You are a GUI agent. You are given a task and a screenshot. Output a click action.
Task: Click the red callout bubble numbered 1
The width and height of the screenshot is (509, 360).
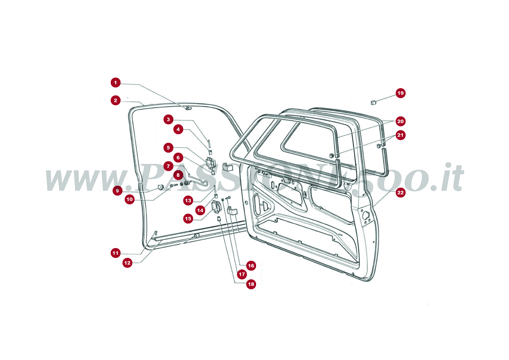(x=115, y=83)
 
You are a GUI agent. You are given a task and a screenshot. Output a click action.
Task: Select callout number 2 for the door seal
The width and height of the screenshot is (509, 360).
(x=115, y=100)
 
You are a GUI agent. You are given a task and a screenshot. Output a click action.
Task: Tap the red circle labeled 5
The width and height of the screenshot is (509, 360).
(x=168, y=148)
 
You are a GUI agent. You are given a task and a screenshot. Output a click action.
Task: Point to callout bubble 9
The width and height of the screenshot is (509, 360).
(x=117, y=190)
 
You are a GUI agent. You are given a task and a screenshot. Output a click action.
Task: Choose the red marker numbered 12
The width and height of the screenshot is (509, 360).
(x=127, y=263)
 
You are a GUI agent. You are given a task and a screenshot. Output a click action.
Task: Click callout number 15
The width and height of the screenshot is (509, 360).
(x=188, y=218)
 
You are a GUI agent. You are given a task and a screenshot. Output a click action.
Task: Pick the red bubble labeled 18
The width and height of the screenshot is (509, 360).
(x=251, y=284)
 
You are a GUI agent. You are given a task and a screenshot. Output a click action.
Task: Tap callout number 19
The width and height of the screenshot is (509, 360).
(x=400, y=93)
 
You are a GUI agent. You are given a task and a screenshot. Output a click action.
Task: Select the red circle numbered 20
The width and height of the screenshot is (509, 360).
(x=400, y=121)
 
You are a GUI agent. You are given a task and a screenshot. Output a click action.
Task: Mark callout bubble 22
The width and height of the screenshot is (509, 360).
(x=400, y=192)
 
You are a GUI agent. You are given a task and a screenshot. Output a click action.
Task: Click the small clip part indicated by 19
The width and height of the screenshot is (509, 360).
(x=373, y=102)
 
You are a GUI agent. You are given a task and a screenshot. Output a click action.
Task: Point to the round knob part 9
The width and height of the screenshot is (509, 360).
(x=161, y=187)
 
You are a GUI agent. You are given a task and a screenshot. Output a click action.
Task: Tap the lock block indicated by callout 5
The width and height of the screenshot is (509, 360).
(x=210, y=163)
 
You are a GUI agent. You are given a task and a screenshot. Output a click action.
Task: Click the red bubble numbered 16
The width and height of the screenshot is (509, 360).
(x=251, y=266)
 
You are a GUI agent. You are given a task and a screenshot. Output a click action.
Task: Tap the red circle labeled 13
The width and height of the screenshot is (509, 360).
(x=188, y=200)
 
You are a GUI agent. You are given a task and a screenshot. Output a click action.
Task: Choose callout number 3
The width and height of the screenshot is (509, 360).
(x=168, y=120)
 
